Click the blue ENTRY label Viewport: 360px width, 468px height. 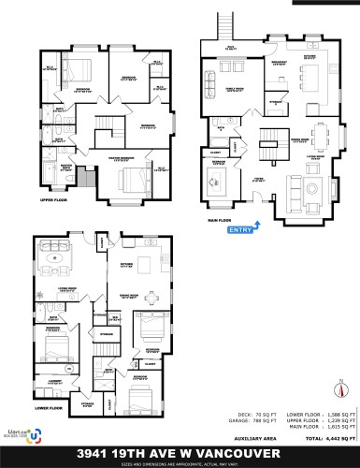[x=239, y=228]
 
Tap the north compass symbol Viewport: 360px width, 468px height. [x=342, y=389]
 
